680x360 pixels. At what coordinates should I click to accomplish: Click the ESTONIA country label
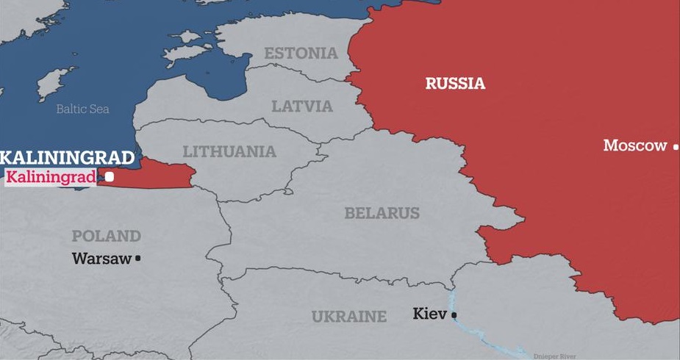(301, 54)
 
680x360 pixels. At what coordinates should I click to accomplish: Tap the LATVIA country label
(302, 106)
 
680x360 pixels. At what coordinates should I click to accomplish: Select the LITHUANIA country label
(229, 152)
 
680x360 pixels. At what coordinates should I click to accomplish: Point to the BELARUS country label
(382, 213)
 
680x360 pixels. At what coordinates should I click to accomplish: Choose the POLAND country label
(106, 236)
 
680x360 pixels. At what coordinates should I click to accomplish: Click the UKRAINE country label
(348, 317)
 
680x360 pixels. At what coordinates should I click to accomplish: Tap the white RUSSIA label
(455, 84)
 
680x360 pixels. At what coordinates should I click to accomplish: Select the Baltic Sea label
(83, 109)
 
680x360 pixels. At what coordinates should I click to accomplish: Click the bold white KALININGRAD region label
(68, 157)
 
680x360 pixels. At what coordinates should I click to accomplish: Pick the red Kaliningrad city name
(51, 176)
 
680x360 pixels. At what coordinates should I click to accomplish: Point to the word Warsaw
(101, 259)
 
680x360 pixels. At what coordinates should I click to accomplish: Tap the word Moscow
(634, 145)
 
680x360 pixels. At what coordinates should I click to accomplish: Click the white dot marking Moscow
(676, 147)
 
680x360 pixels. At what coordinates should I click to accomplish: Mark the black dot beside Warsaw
(137, 259)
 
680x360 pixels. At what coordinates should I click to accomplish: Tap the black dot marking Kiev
(454, 315)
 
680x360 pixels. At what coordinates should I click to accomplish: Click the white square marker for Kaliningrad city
(110, 176)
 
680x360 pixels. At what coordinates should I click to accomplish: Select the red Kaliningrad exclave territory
(158, 173)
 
